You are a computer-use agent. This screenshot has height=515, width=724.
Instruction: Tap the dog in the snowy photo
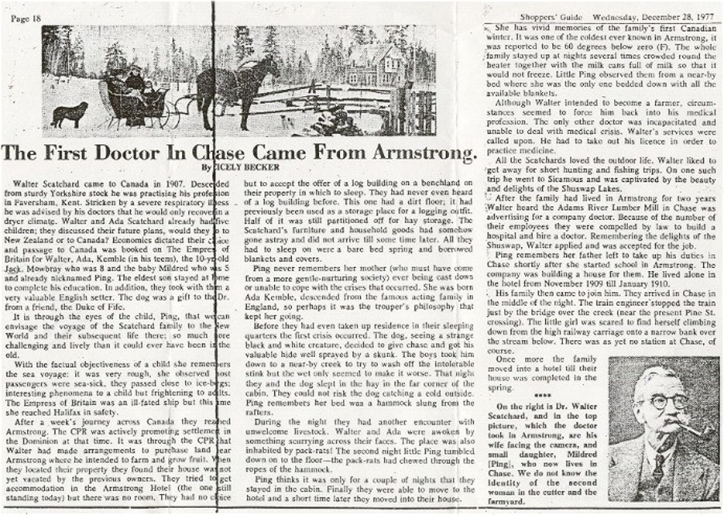tap(71, 112)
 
